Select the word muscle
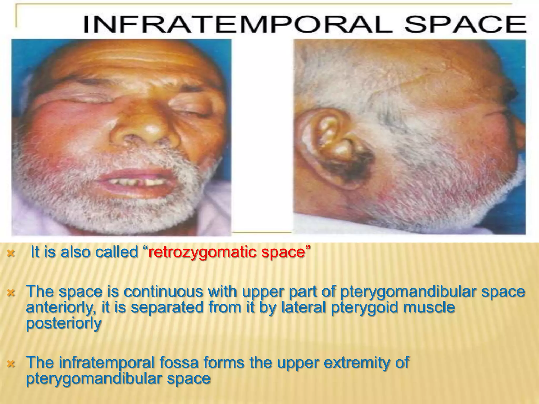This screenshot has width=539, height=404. point(429,307)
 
